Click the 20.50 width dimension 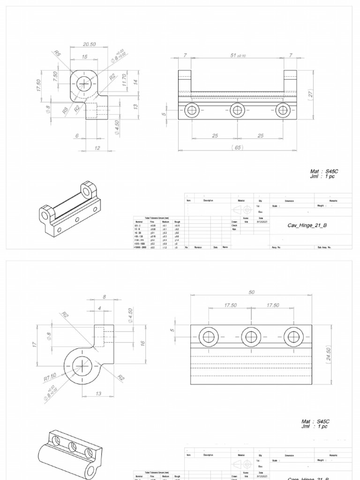[x=89, y=44]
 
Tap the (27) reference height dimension [x=310, y=93]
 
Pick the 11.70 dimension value [x=124, y=80]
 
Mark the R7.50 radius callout [x=50, y=376]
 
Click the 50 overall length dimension [x=251, y=292]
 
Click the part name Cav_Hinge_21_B [x=307, y=225]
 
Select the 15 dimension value [x=84, y=56]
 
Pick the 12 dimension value [x=97, y=148]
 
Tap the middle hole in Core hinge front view [x=251, y=336]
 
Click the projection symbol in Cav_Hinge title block [x=242, y=210]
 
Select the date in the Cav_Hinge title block [x=260, y=222]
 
